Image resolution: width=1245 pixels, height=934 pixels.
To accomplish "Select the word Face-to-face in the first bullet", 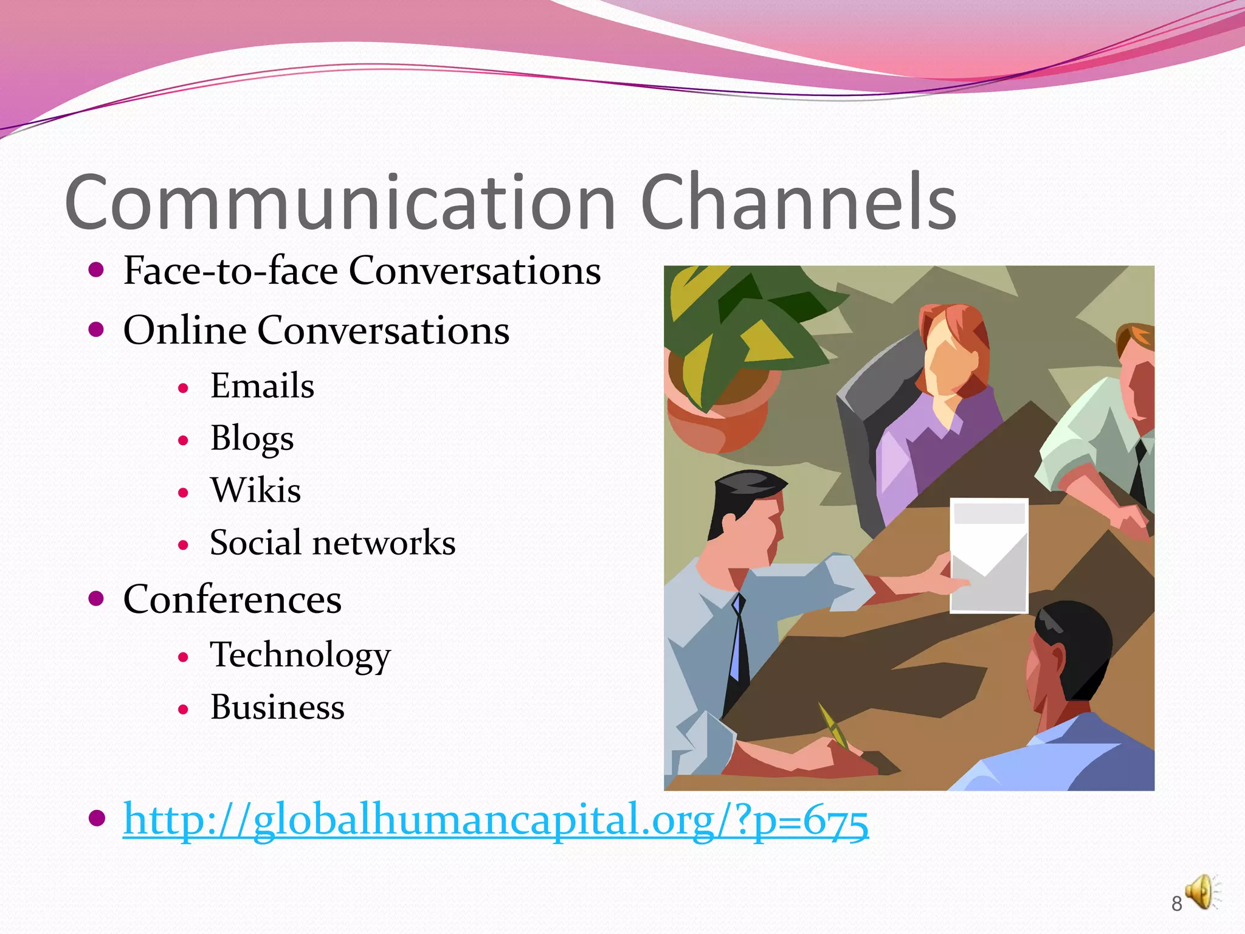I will [x=230, y=271].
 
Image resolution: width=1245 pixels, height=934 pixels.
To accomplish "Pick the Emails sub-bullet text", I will [x=262, y=386].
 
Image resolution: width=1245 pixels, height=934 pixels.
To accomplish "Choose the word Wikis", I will [x=255, y=491].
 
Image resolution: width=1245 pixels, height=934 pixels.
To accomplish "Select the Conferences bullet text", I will [x=232, y=600].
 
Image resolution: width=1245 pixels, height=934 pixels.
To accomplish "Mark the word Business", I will [x=277, y=708].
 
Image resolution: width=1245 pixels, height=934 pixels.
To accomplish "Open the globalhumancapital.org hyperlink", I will [x=495, y=820].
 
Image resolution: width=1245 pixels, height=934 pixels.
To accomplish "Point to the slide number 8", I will [x=1176, y=904].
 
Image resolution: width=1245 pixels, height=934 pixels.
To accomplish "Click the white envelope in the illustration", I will [x=989, y=556].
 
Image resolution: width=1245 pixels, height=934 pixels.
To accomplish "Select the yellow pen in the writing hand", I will [x=833, y=727].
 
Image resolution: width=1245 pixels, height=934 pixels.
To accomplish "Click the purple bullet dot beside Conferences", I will [x=96, y=598].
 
